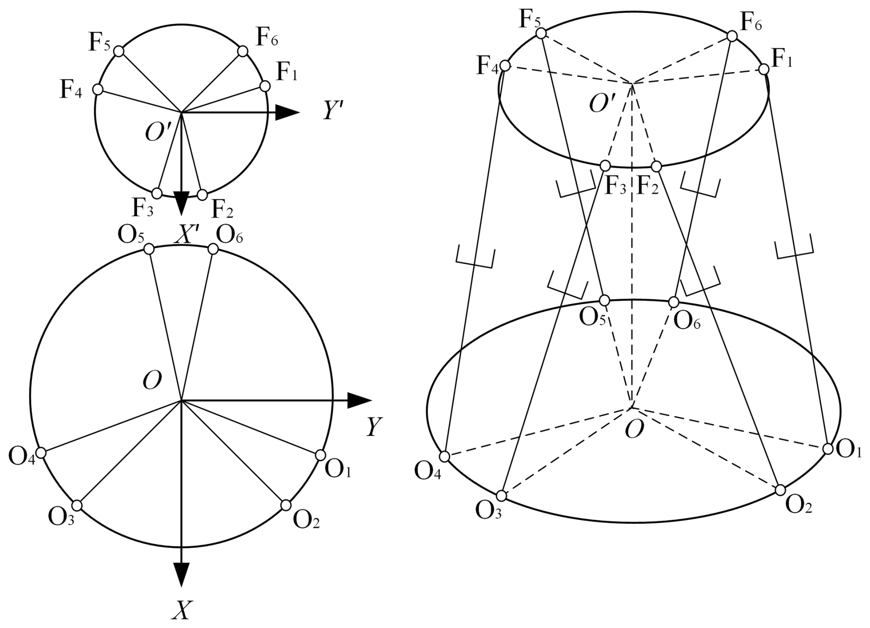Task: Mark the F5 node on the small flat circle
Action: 119,51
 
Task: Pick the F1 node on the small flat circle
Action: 265,86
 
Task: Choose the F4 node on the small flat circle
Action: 98,89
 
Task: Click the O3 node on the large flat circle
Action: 77,505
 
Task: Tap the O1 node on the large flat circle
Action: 321,455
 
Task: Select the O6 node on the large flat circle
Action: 213,249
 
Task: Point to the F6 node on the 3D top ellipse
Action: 732,36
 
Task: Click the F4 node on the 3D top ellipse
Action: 505,66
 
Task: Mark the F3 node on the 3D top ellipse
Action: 605,166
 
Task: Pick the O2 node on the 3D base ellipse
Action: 780,490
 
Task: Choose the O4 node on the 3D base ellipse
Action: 445,457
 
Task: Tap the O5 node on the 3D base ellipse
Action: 605,300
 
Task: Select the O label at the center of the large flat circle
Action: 152,381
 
